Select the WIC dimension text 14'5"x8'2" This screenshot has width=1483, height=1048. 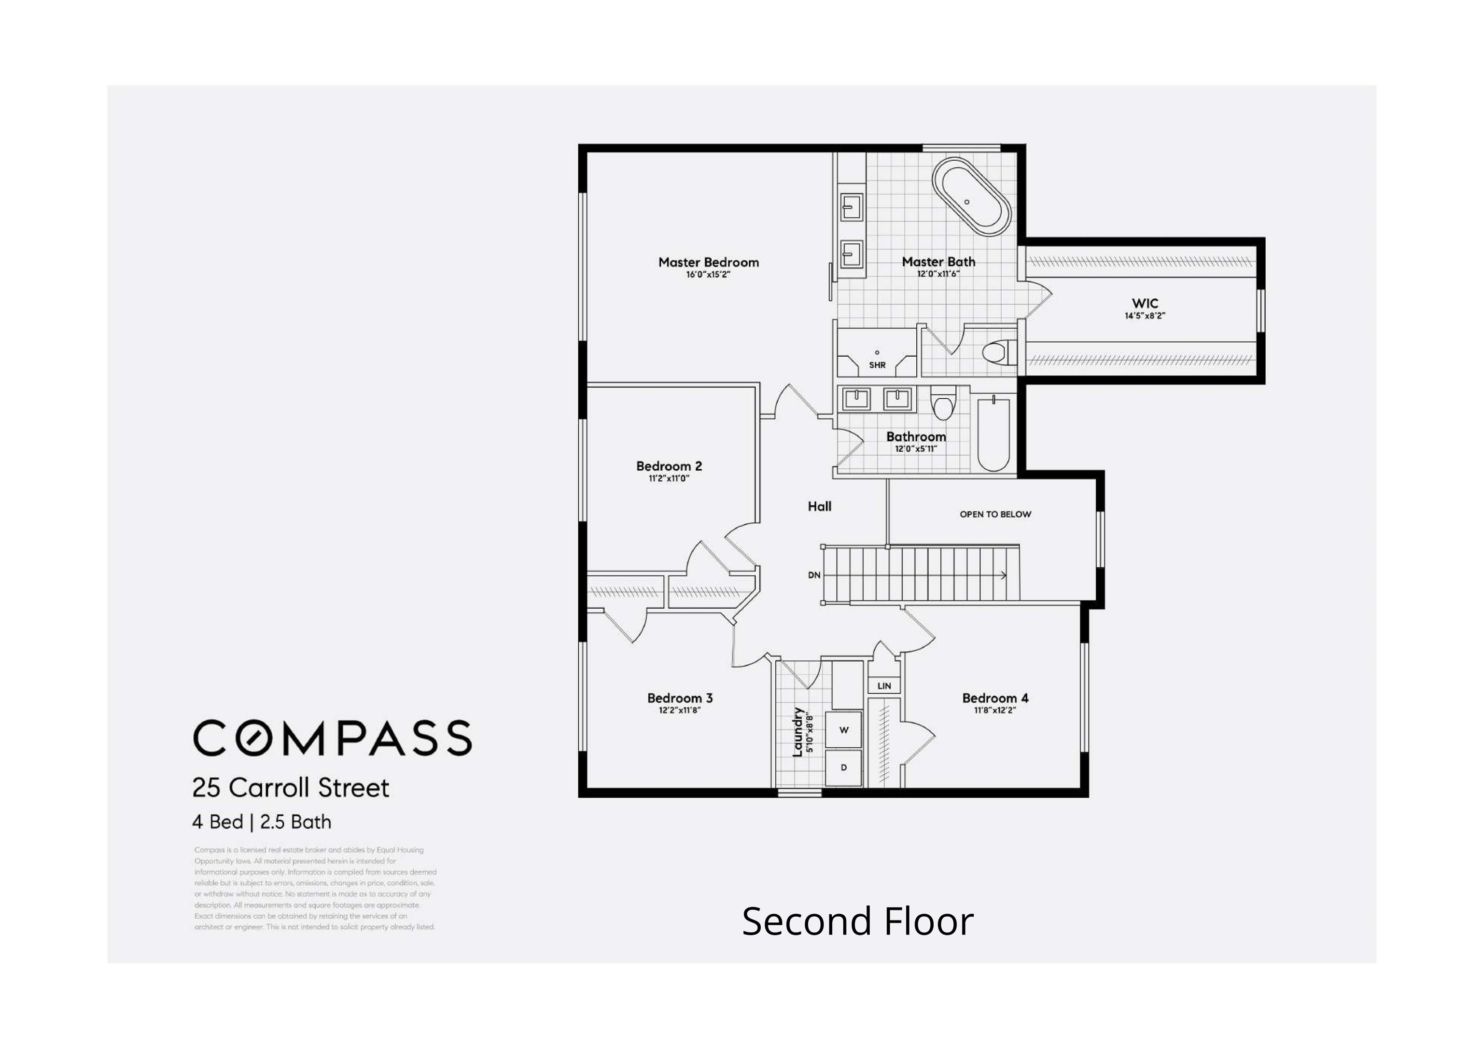click(1145, 316)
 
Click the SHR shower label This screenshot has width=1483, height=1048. click(877, 365)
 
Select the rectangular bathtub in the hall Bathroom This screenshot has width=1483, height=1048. click(993, 434)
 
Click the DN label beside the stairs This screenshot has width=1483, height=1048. click(814, 575)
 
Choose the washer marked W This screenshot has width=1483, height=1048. click(843, 730)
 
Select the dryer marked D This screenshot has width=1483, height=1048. click(843, 768)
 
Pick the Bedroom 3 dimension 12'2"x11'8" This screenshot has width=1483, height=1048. click(680, 710)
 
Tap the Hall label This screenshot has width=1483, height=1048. click(819, 506)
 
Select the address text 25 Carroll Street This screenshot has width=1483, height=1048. click(291, 788)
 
